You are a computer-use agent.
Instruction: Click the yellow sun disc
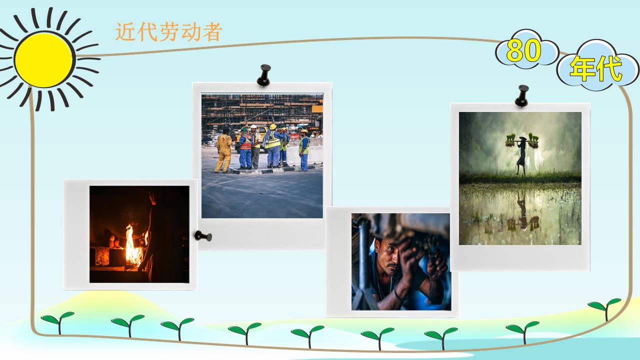click(43, 60)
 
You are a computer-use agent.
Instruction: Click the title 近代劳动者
click(168, 32)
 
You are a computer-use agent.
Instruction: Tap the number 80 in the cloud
click(523, 51)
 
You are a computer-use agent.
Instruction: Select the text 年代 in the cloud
click(595, 68)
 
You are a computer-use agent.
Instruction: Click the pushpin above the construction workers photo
click(263, 75)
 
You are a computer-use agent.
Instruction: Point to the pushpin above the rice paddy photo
click(521, 95)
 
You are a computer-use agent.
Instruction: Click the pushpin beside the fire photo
click(202, 235)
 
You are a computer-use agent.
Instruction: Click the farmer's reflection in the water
click(522, 210)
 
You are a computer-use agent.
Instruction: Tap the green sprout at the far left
click(57, 320)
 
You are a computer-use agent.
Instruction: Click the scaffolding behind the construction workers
click(260, 110)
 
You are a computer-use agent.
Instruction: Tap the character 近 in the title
click(125, 32)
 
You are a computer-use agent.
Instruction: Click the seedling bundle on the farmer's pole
click(533, 140)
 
